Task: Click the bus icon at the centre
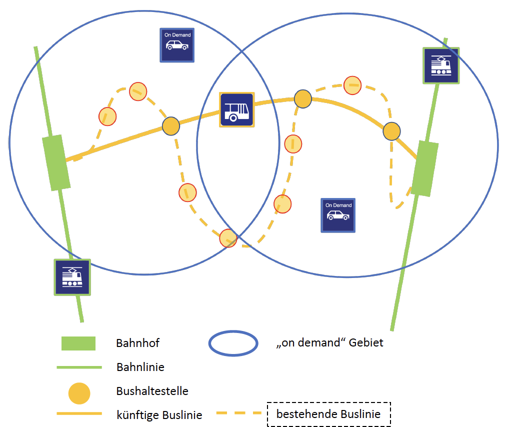point(237,110)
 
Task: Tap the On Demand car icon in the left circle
point(177,45)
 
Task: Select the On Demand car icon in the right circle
point(338,215)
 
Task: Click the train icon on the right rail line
point(441,65)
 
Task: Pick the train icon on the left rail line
point(72,277)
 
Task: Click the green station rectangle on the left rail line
point(55,162)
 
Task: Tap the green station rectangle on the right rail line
point(425,168)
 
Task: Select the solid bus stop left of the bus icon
point(171,126)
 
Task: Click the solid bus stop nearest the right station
point(391,131)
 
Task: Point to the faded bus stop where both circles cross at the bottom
point(228,238)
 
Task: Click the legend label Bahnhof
point(137,343)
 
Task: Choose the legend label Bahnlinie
point(140,367)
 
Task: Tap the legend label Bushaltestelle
point(152,391)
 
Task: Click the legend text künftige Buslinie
point(159,415)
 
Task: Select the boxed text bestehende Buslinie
point(328,414)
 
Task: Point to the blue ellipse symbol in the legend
point(233,343)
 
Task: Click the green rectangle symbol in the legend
point(78,343)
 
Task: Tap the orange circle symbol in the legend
point(79,393)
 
